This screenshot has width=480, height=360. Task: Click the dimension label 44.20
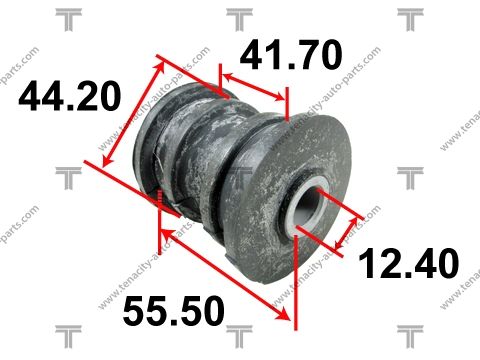[x=69, y=96]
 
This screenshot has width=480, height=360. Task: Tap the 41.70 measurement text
[x=291, y=54]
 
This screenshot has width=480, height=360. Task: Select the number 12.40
[x=408, y=263]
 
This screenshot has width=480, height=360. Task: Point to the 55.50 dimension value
[x=174, y=311]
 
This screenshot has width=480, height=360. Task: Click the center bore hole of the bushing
[x=309, y=203]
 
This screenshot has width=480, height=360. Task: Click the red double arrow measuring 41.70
[x=253, y=87]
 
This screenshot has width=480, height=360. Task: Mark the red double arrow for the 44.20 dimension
[x=133, y=114]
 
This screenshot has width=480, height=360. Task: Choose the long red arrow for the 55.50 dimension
[x=224, y=273]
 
